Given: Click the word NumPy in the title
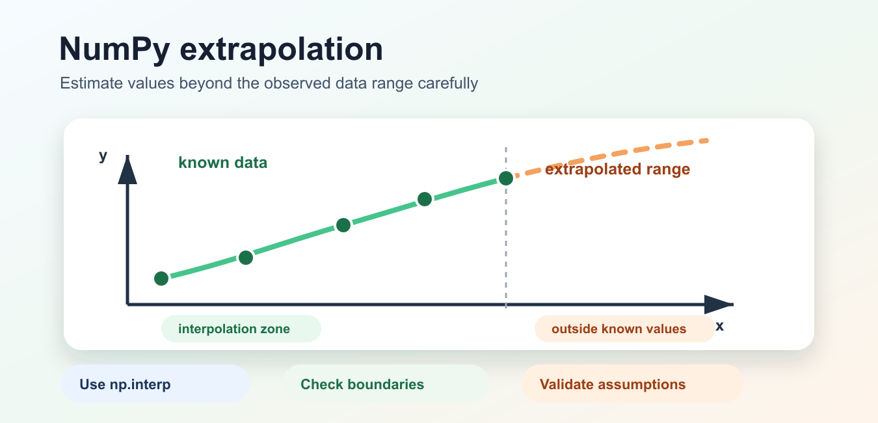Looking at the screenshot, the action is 114,49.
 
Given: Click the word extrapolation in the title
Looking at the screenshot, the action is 281,49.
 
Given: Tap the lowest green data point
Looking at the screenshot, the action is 161,279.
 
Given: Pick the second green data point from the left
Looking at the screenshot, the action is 246,258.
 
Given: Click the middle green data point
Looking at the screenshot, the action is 343,225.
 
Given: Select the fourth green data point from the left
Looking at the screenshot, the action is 425,198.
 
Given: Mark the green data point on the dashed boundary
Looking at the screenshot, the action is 506,178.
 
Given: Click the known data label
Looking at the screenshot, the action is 222,162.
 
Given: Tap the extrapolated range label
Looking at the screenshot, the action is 617,169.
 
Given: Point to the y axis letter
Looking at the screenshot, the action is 103,156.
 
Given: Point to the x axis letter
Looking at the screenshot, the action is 720,326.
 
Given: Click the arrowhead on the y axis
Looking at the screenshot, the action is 127,170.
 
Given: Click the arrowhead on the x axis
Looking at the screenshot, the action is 719,304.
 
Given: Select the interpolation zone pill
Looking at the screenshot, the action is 241,329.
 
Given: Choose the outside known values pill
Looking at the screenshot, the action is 625,329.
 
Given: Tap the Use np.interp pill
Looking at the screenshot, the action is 155,383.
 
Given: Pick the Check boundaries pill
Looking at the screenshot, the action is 386,383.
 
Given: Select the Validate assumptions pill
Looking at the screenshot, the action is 633,383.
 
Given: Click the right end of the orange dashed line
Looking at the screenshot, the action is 707,141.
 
